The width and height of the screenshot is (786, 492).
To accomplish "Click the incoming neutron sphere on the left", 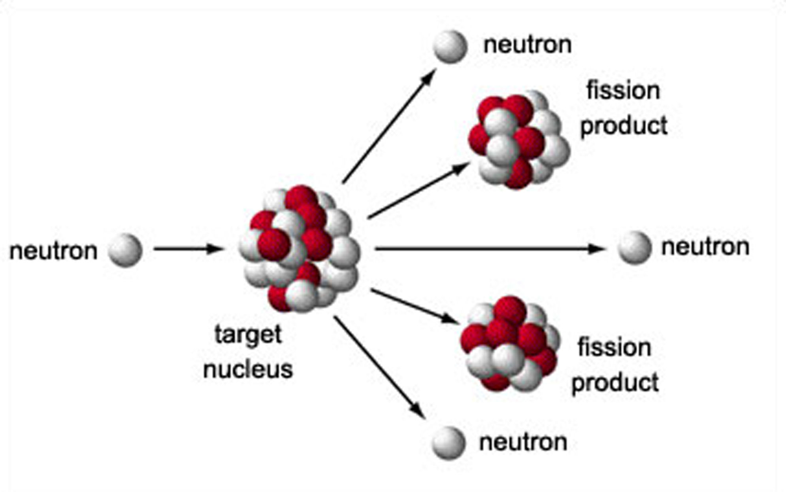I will click(x=125, y=250).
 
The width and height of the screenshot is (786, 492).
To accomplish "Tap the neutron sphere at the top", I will click(x=450, y=47).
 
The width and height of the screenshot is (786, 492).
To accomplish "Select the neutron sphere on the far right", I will click(x=634, y=248).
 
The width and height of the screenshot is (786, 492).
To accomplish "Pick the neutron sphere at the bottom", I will click(x=449, y=443).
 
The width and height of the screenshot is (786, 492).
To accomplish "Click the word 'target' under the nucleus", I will click(x=248, y=335).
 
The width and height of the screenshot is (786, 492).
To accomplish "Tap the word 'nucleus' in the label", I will click(x=248, y=369).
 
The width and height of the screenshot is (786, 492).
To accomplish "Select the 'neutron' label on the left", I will click(x=53, y=251).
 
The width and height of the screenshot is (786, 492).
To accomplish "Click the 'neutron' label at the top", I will click(x=528, y=45).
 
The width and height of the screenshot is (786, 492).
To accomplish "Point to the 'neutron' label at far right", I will click(x=705, y=247).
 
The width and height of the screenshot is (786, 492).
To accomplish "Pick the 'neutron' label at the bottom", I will click(x=523, y=442).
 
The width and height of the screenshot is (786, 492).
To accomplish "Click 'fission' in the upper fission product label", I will click(x=623, y=91).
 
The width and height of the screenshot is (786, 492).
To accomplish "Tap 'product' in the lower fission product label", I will click(x=615, y=382).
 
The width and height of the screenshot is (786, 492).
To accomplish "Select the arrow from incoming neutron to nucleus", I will click(x=188, y=249).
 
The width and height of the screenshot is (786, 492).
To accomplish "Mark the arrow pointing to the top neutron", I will click(x=389, y=126).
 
